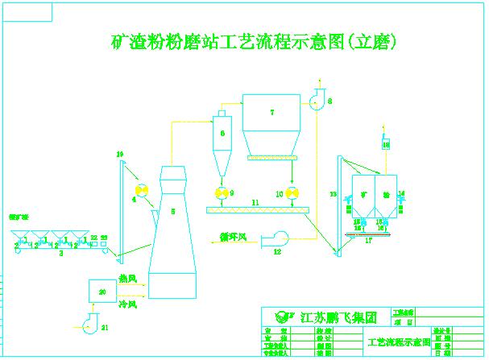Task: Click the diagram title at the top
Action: pos(254,42)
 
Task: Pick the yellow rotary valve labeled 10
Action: pos(291,194)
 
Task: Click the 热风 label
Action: pos(128,279)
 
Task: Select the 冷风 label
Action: pos(128,304)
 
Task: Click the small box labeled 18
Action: pos(386,143)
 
